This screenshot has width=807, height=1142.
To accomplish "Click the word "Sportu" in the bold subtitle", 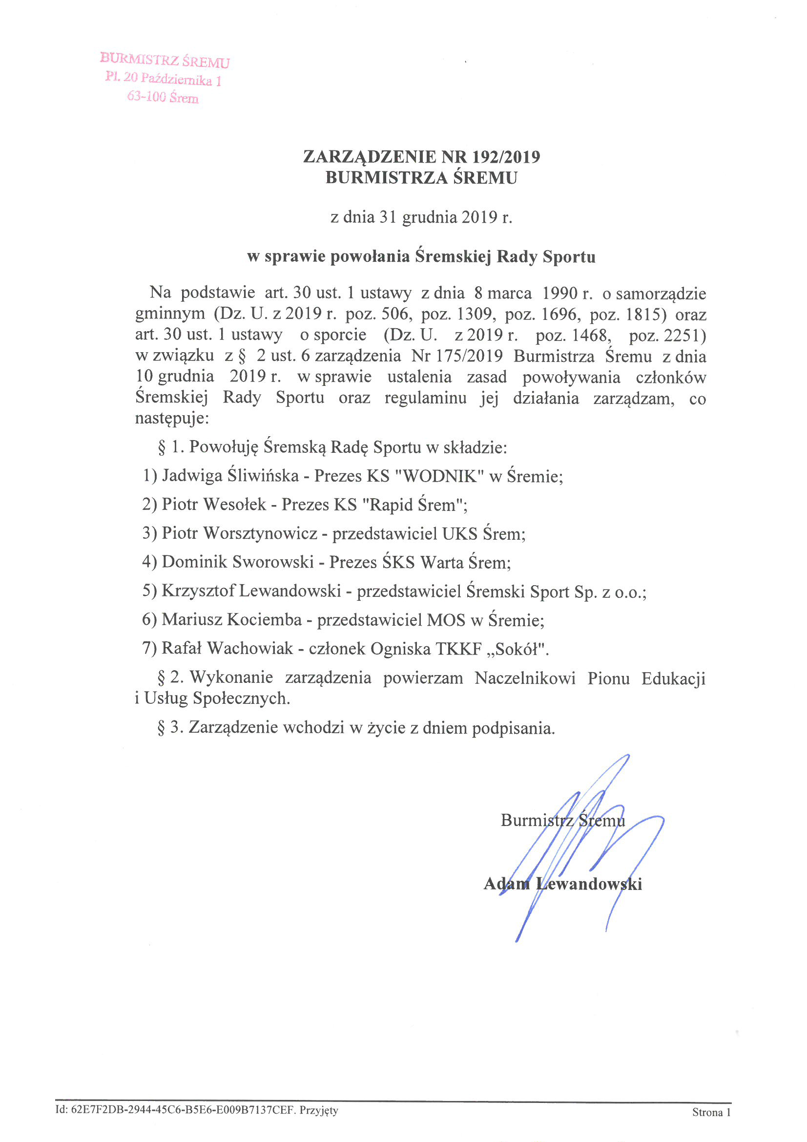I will point(569,256).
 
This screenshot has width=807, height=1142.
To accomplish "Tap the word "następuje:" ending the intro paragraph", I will point(172,418).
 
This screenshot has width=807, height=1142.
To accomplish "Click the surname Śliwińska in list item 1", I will point(263,476).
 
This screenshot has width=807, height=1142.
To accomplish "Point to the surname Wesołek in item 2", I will point(235,505).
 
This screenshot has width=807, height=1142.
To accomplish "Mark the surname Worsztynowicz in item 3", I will point(260,533).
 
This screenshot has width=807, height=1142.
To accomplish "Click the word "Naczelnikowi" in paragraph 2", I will point(525,678).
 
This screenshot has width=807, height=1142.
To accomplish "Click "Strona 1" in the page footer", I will point(711,1113).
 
